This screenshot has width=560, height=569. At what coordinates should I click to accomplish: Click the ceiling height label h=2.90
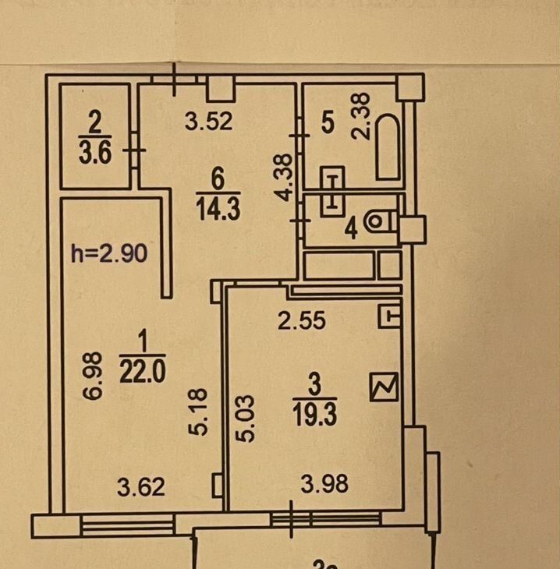click(x=109, y=253)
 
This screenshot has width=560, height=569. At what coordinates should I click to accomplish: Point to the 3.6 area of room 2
click(x=95, y=153)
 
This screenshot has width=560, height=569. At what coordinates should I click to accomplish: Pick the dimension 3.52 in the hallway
click(x=208, y=121)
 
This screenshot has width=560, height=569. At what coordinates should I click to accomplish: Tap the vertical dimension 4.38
click(x=283, y=178)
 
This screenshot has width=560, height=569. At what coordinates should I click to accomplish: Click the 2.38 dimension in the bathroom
click(x=361, y=116)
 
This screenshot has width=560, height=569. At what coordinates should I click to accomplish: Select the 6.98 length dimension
click(x=91, y=376)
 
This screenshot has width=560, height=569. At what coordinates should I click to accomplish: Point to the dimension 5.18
click(x=198, y=412)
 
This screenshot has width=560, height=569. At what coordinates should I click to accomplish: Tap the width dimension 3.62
click(x=141, y=487)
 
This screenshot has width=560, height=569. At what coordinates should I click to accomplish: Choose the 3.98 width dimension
click(x=324, y=484)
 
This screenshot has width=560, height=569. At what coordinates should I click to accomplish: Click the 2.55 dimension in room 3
click(x=302, y=321)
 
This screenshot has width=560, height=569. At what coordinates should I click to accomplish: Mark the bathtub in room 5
click(x=388, y=147)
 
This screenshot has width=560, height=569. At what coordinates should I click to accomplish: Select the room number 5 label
click(x=328, y=122)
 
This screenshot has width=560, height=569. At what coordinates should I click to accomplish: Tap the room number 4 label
click(x=351, y=229)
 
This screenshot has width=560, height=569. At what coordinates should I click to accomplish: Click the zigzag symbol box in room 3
click(x=384, y=387)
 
